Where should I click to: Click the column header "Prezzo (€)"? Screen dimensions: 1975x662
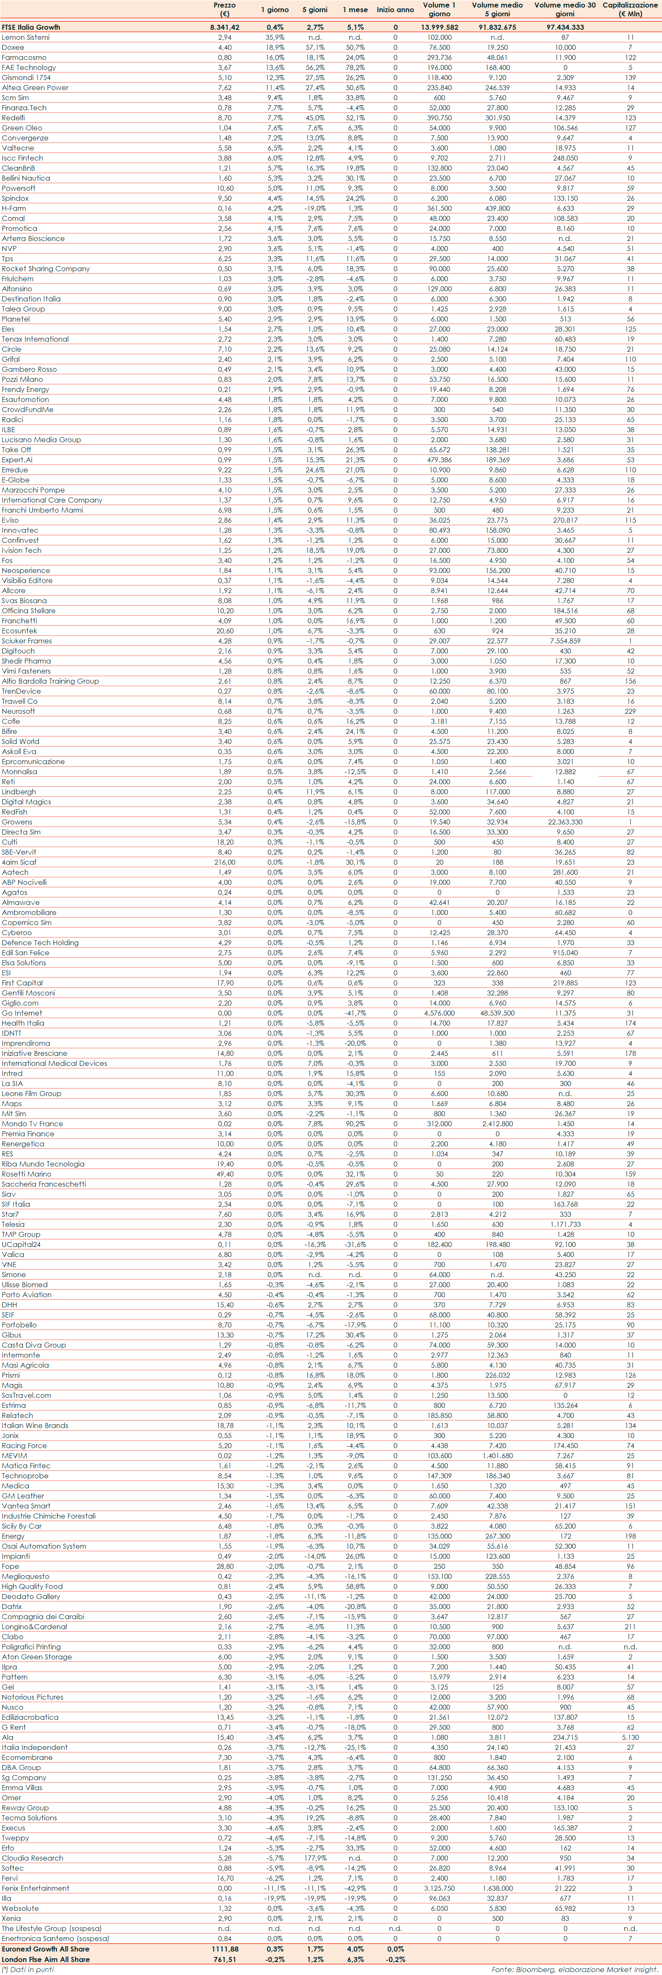224,9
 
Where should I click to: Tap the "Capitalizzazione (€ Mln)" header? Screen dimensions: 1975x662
630,9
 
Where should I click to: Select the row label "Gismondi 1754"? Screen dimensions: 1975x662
26,78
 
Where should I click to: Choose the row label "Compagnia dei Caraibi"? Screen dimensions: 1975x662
43,1616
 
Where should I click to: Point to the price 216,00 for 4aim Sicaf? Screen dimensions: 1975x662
224,862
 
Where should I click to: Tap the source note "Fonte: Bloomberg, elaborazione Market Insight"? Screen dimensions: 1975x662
574,1969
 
